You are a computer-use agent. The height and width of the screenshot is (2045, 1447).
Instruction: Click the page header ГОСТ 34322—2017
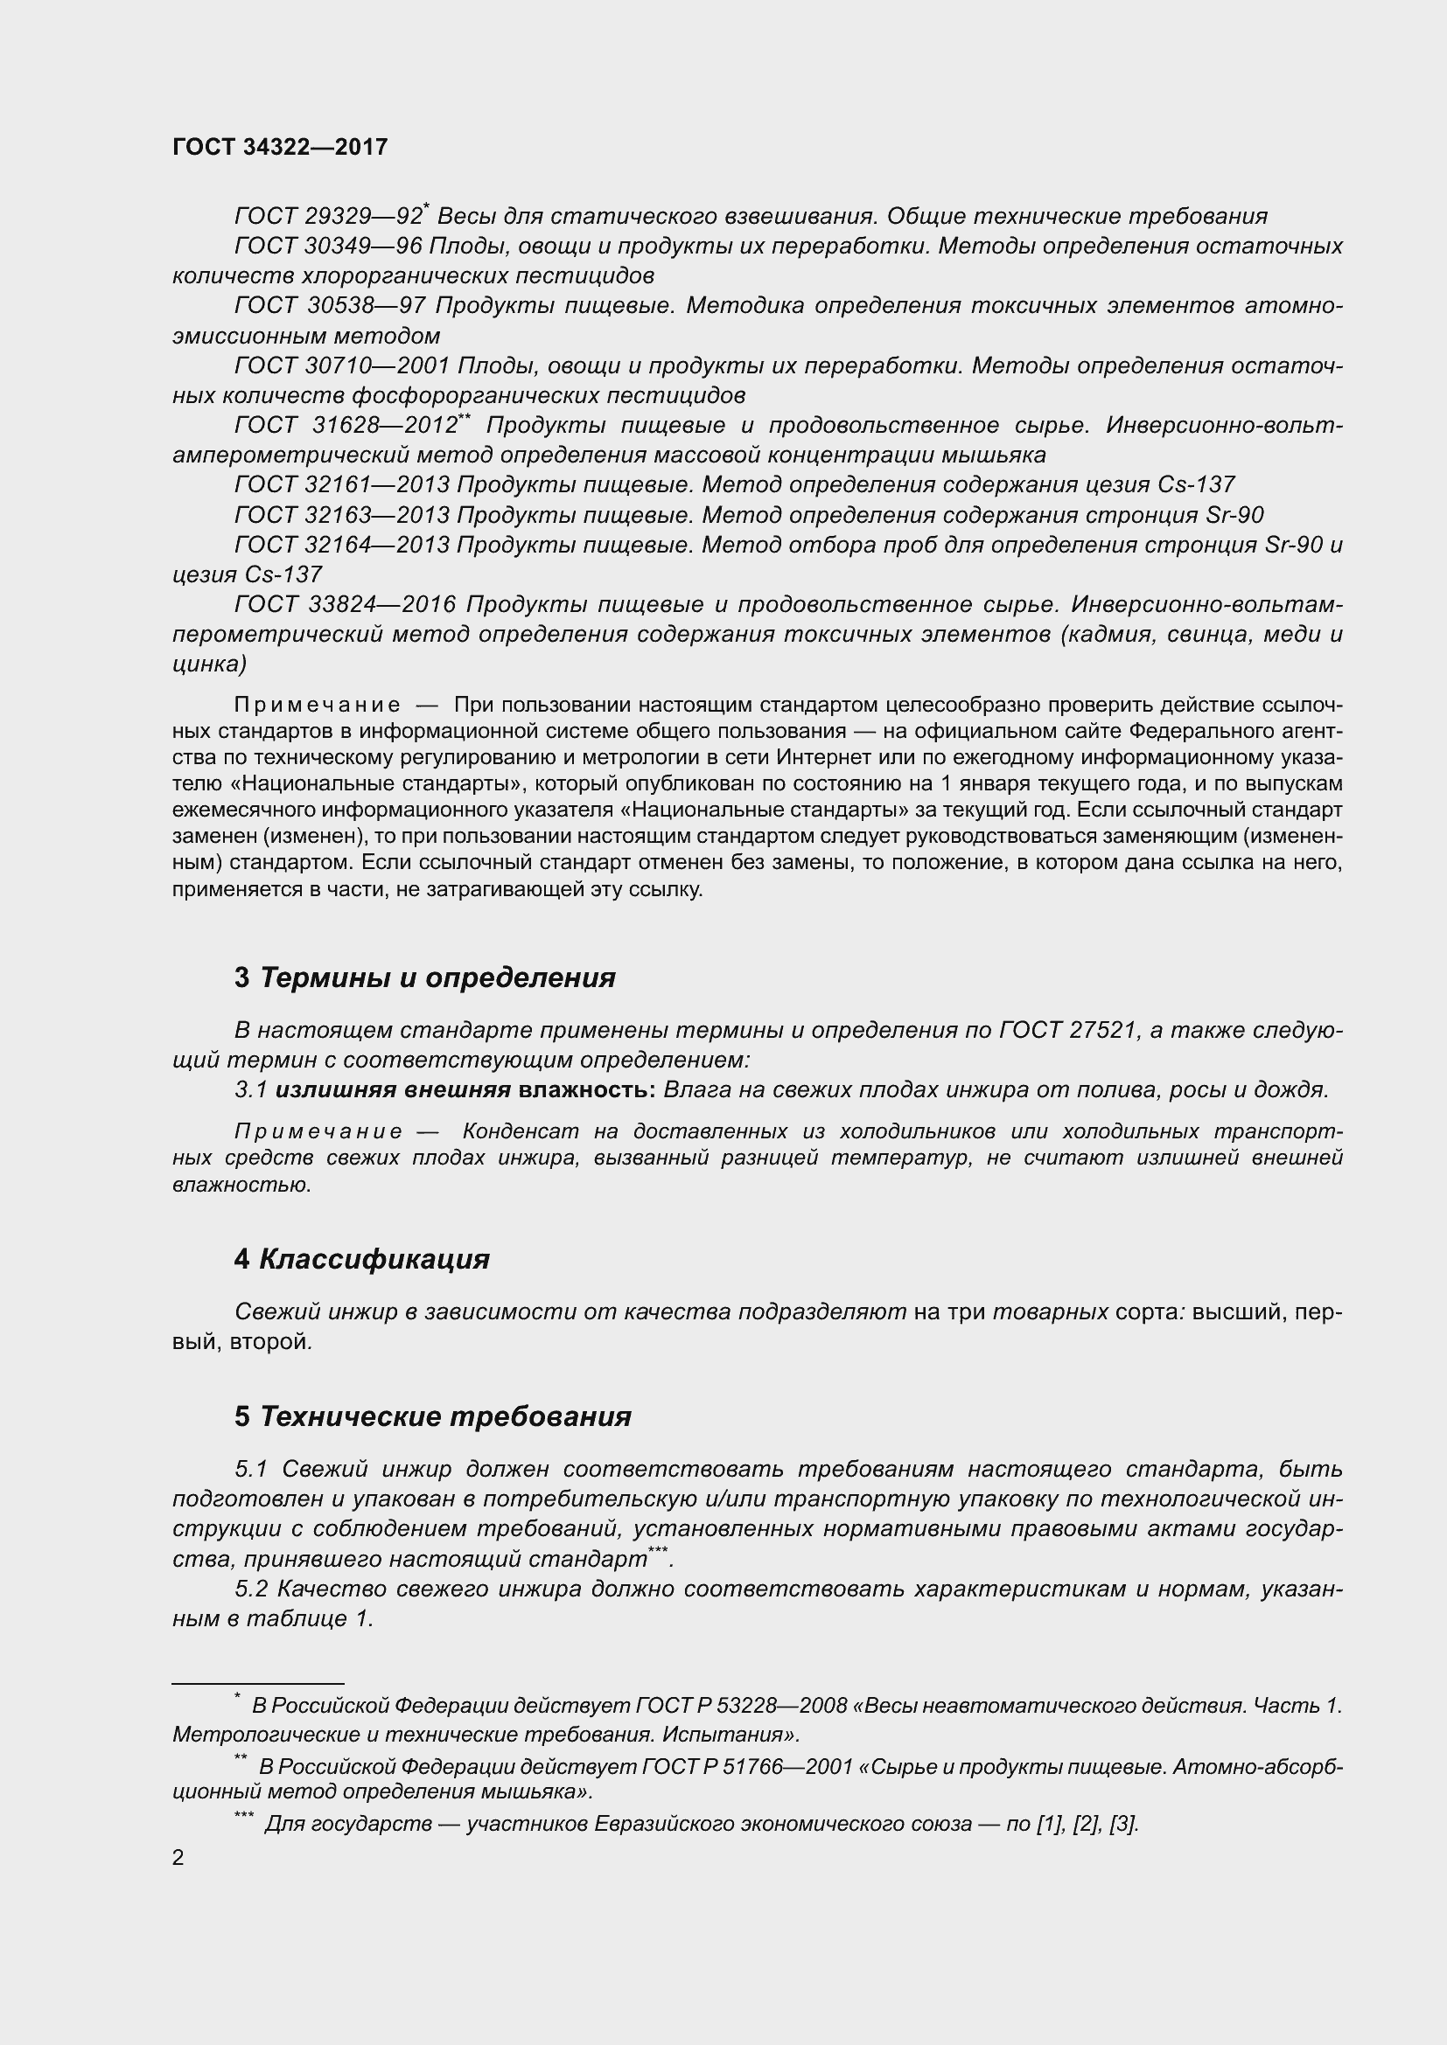(280, 147)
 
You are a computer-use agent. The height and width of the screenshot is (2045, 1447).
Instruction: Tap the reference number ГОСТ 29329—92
(328, 217)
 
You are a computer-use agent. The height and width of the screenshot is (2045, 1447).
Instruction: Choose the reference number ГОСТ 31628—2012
(346, 426)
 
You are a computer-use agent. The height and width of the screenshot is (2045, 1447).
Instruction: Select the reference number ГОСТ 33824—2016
(345, 605)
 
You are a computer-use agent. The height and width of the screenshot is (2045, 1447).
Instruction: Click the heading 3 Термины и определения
(425, 977)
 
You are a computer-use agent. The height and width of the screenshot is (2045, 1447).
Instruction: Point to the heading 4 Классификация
(362, 1258)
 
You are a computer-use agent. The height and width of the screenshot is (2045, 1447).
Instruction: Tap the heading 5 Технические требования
(433, 1416)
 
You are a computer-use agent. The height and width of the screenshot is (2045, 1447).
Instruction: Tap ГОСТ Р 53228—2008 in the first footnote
(741, 1706)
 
